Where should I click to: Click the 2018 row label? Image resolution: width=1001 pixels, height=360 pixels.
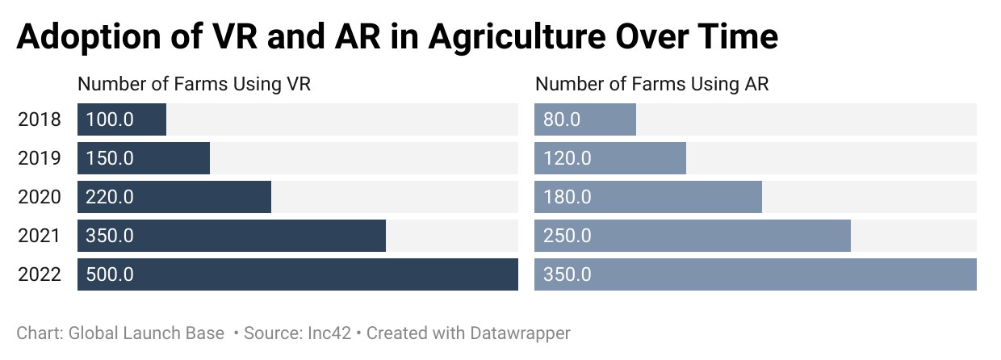(x=40, y=119)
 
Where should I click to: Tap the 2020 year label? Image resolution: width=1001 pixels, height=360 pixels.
(x=40, y=197)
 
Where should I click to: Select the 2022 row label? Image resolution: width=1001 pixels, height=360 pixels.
(x=40, y=274)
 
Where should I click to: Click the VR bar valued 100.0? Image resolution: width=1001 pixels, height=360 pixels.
(x=122, y=119)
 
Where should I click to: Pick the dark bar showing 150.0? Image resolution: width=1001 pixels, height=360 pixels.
(x=144, y=158)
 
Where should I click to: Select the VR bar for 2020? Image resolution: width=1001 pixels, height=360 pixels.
(x=174, y=197)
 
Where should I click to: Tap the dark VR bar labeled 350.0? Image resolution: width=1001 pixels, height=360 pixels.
(x=232, y=236)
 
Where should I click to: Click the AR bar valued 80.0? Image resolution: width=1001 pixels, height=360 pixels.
(x=585, y=119)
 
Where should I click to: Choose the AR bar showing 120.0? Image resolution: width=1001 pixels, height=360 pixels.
(x=610, y=158)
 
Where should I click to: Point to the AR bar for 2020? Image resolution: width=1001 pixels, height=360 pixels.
(x=648, y=197)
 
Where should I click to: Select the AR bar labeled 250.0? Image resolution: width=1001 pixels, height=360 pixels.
(x=693, y=236)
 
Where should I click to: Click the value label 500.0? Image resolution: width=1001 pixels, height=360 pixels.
(x=110, y=274)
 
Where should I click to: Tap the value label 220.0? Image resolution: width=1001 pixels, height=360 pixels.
(x=110, y=197)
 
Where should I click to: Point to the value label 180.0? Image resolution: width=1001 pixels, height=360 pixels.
(x=567, y=197)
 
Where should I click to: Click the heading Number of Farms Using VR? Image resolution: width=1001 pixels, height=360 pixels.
(x=194, y=84)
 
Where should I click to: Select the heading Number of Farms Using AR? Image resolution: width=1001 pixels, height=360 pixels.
(x=652, y=84)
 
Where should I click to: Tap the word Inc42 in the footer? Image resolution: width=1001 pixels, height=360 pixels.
(x=329, y=333)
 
